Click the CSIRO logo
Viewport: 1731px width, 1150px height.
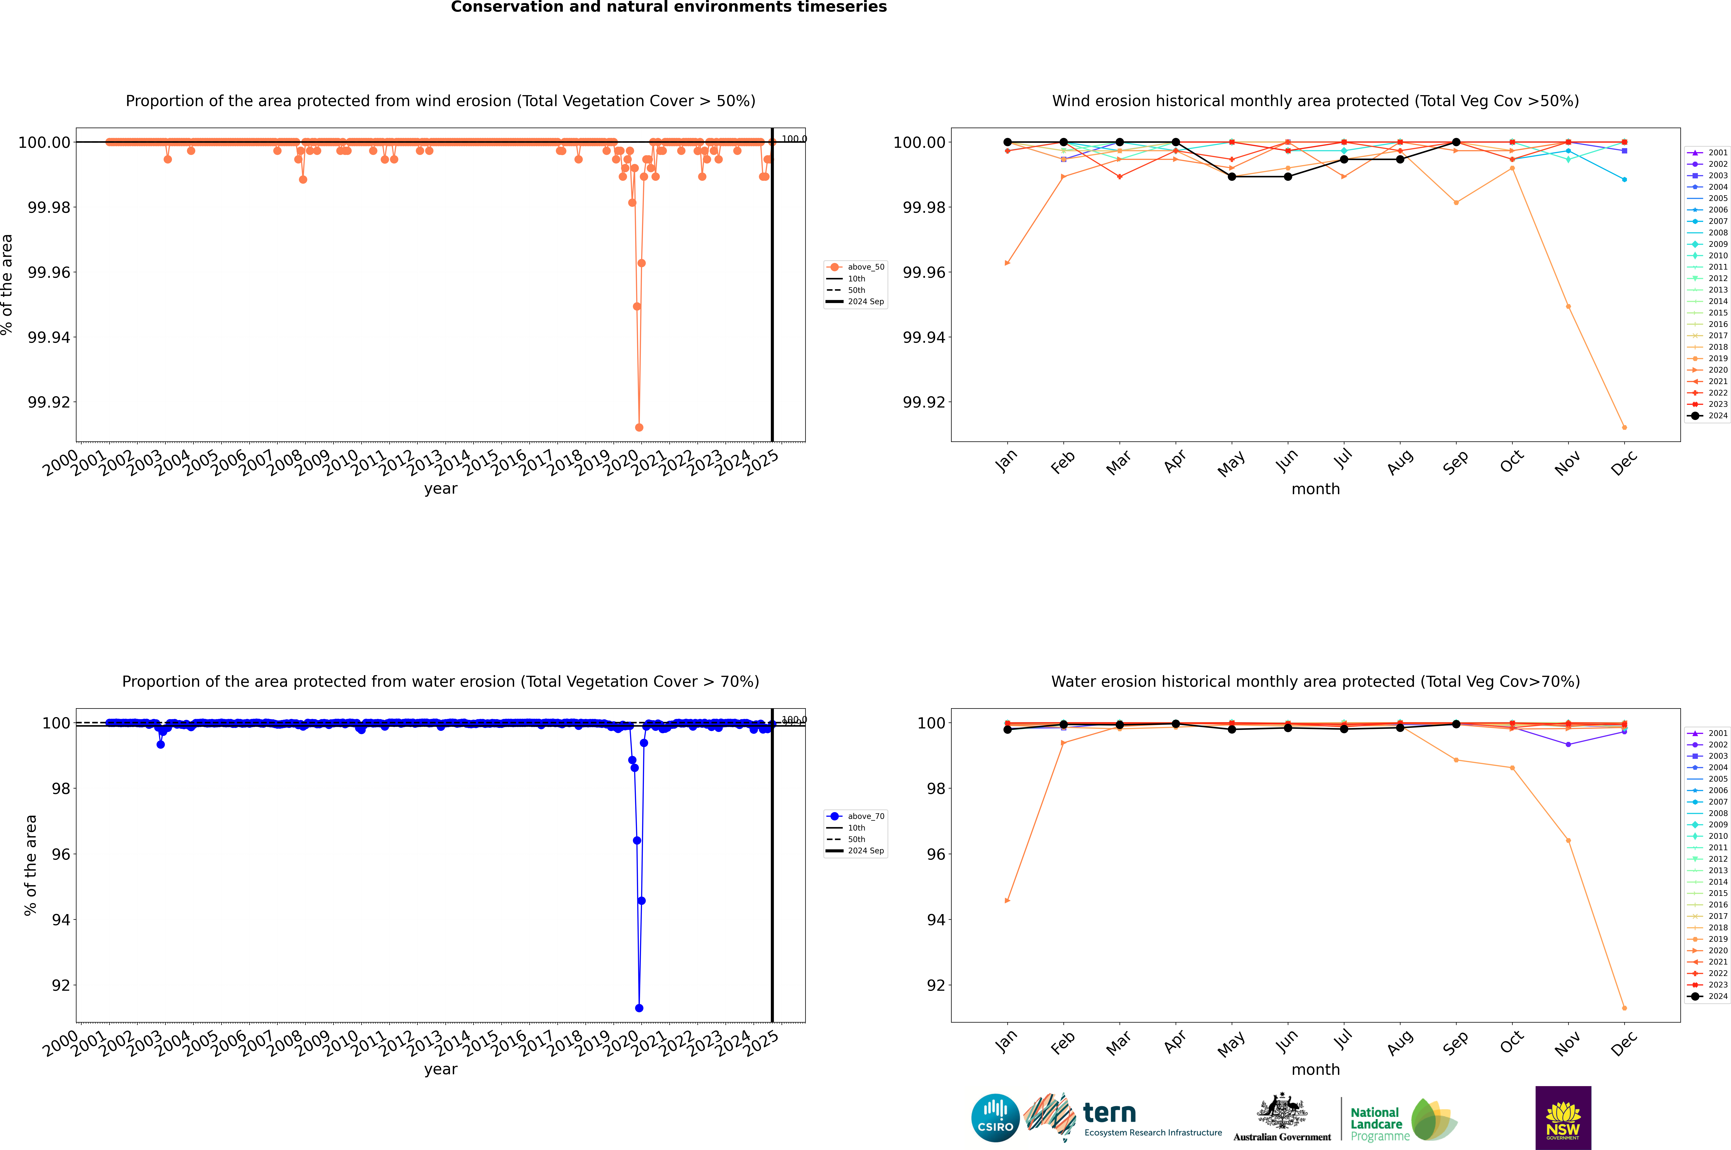click(995, 1118)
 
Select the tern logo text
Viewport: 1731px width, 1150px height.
click(1110, 1113)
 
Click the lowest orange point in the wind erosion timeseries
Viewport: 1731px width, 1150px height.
click(639, 427)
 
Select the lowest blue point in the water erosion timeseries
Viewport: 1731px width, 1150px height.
click(639, 1008)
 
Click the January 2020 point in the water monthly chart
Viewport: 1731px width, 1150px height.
click(1008, 900)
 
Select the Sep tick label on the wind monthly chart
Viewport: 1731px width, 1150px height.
click(1456, 462)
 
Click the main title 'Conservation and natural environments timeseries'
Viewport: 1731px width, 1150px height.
click(668, 7)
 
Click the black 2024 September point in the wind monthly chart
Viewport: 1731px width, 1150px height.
click(1456, 142)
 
